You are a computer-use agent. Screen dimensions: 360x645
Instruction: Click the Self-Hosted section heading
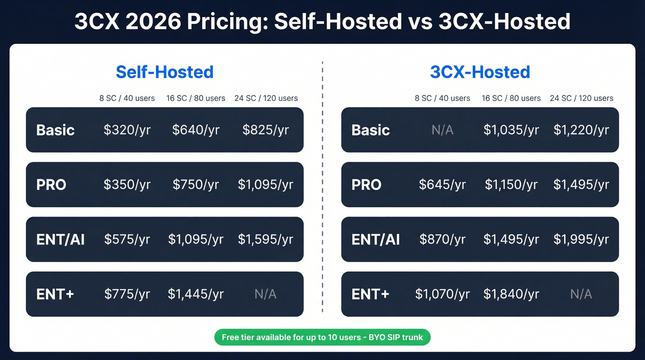pyautogui.click(x=164, y=72)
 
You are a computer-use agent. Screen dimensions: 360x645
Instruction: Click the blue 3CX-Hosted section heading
pyautogui.click(x=480, y=72)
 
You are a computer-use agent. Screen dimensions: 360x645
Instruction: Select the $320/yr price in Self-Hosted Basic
pyautogui.click(x=127, y=130)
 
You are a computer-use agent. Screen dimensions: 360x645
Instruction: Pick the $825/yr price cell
pyautogui.click(x=265, y=130)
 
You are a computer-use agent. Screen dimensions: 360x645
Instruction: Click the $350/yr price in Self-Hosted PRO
pyautogui.click(x=127, y=185)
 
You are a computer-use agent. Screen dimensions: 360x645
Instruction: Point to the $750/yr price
pyautogui.click(x=196, y=185)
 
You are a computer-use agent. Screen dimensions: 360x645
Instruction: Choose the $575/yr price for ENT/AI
pyautogui.click(x=127, y=240)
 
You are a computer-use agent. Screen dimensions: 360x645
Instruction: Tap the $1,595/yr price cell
pyautogui.click(x=265, y=240)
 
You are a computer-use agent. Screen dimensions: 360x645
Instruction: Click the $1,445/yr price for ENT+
pyautogui.click(x=196, y=294)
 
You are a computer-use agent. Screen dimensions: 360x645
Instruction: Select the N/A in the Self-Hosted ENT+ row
pyautogui.click(x=265, y=294)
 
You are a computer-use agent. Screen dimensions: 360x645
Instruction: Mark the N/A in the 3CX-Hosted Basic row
pyautogui.click(x=442, y=130)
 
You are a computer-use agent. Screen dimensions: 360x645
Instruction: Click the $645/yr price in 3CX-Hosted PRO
pyautogui.click(x=442, y=185)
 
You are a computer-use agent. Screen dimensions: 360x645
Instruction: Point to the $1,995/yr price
pyautogui.click(x=581, y=240)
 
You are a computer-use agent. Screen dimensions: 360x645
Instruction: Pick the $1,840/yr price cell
pyautogui.click(x=511, y=294)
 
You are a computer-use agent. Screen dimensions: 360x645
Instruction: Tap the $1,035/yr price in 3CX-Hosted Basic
pyautogui.click(x=511, y=130)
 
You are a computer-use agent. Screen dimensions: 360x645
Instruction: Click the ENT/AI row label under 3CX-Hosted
pyautogui.click(x=375, y=240)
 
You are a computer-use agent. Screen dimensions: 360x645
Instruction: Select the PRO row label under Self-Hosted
pyautogui.click(x=51, y=185)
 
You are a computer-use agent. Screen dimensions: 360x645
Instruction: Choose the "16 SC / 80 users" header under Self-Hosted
pyautogui.click(x=196, y=98)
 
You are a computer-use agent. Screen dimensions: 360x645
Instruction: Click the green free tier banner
pyautogui.click(x=322, y=337)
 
